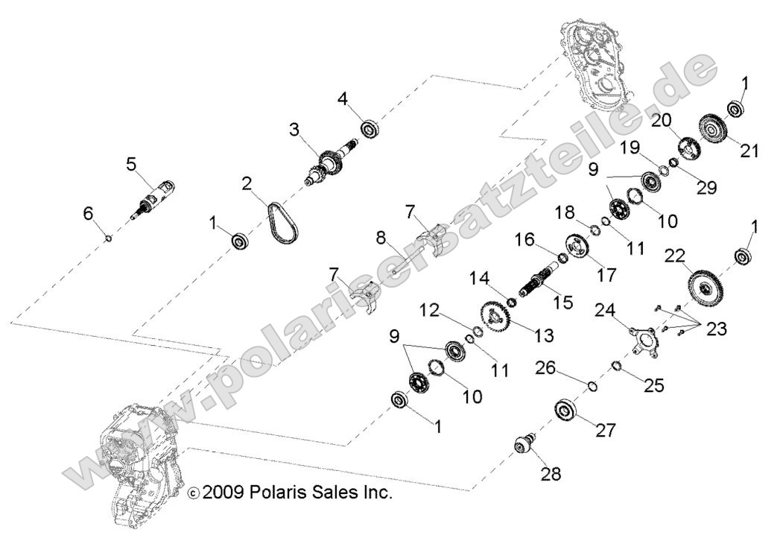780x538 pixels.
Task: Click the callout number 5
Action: tap(132, 165)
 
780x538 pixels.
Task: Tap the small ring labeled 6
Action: tap(109, 238)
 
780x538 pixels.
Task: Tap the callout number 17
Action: tap(606, 274)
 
